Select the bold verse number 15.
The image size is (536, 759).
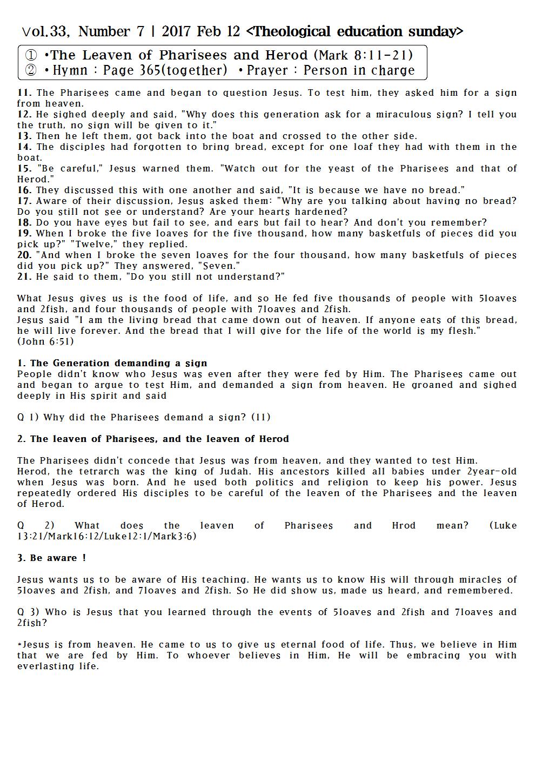[x=24, y=168]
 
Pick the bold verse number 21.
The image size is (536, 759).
[x=24, y=276]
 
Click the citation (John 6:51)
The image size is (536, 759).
[x=45, y=341]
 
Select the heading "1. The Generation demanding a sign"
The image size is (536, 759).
[x=112, y=363]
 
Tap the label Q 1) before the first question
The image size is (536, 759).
[x=28, y=417]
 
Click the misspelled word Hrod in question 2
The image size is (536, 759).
[x=404, y=525]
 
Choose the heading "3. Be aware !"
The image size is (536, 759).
[x=51, y=558]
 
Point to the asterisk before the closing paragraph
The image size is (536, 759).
[x=19, y=644]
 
